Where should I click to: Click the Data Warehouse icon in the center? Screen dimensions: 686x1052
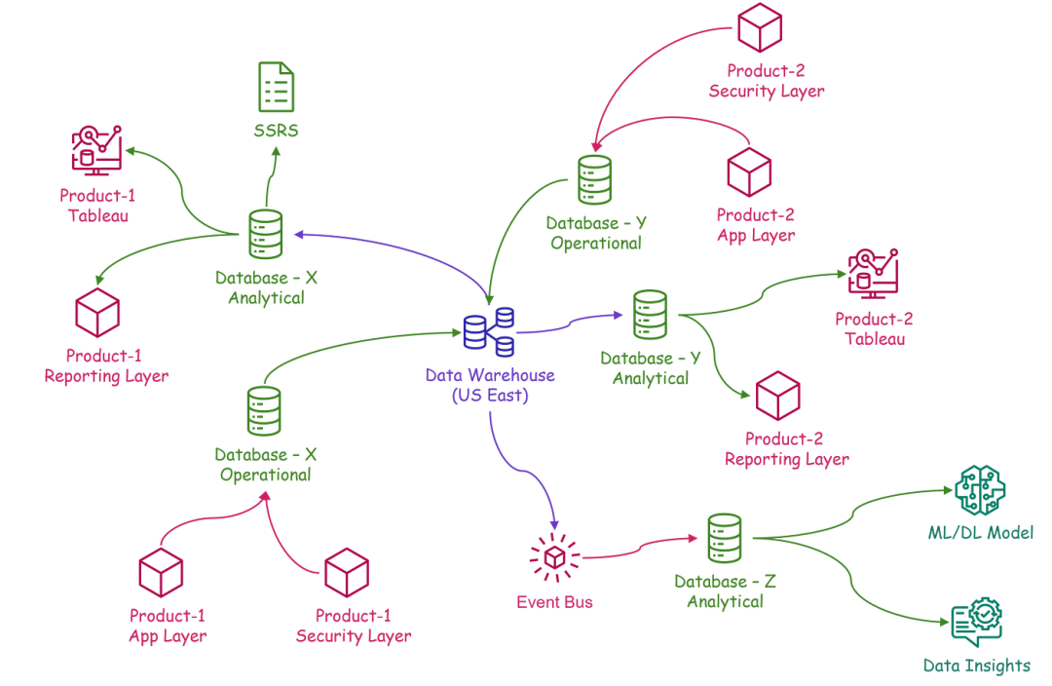(x=489, y=331)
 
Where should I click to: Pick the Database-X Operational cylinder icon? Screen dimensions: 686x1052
(x=263, y=411)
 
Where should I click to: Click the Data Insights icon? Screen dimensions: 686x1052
(x=976, y=622)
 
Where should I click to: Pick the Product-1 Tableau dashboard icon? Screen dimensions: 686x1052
(x=96, y=149)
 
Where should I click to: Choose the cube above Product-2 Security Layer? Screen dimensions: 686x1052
(x=761, y=28)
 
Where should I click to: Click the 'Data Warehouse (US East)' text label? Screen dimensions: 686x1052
(x=489, y=386)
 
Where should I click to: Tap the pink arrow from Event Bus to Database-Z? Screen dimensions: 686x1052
(x=638, y=546)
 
